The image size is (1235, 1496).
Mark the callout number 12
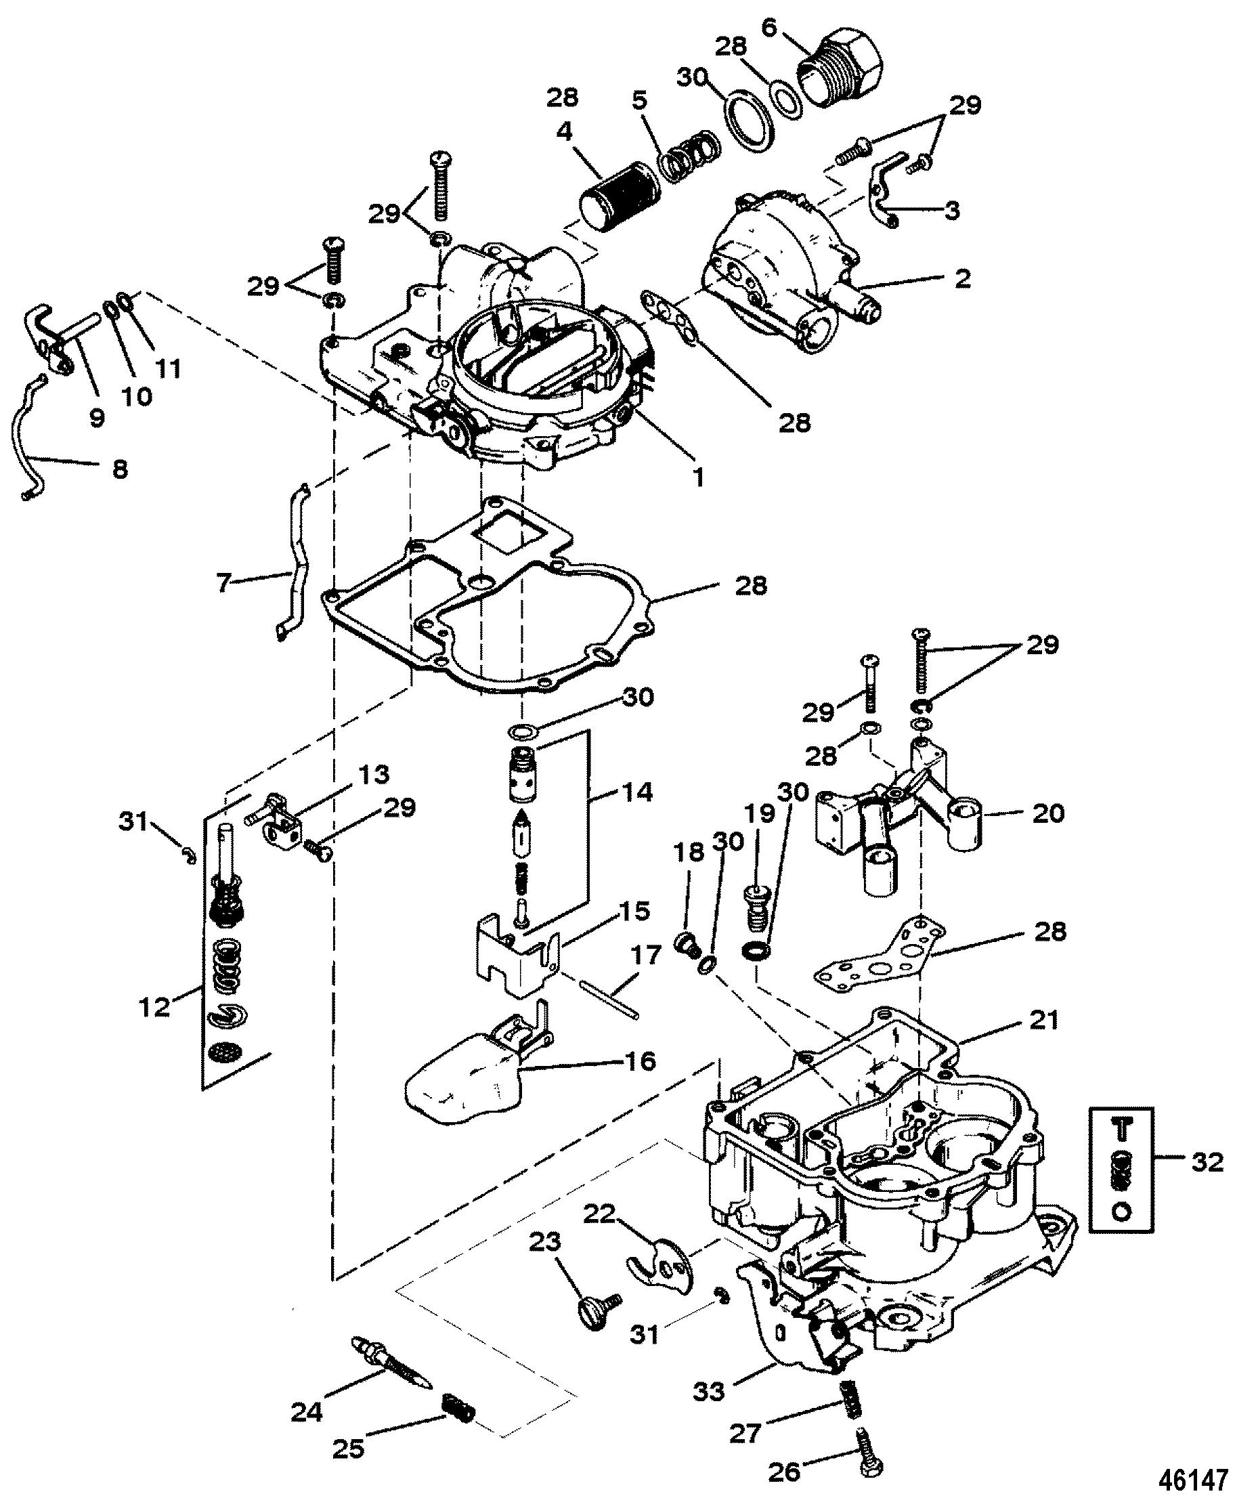[x=156, y=1006]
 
